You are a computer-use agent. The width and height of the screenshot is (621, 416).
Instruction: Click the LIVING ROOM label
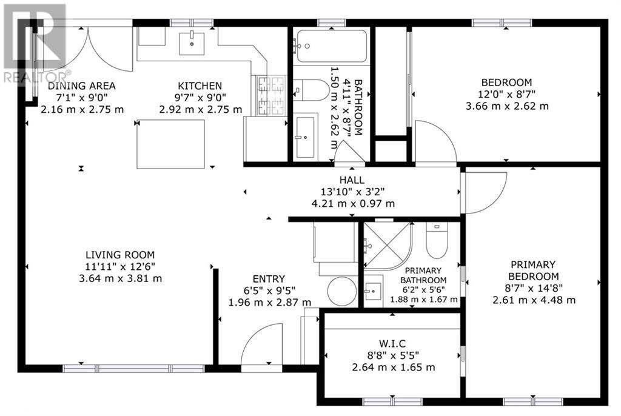point(120,255)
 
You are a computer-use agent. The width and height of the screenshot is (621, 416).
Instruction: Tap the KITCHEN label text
point(200,86)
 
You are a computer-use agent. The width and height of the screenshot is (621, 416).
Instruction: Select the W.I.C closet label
point(392,344)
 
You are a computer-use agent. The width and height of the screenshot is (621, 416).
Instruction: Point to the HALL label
point(352,180)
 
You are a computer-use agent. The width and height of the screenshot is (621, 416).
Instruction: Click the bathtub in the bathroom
point(332,46)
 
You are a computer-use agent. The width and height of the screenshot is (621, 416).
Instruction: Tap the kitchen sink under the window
point(192,44)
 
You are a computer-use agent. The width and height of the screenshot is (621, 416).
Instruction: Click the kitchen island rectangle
point(170,144)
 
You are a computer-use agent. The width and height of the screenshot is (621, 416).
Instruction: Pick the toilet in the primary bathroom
point(437,240)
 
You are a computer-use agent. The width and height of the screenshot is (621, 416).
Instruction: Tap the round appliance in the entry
point(342,291)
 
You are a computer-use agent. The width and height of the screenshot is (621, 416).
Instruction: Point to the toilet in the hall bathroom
point(311,90)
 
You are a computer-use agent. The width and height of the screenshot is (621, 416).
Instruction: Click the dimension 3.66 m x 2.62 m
point(507,106)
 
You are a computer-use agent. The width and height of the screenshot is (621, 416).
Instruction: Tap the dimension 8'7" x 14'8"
point(534,288)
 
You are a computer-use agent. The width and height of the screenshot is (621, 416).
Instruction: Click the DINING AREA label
point(82,86)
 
